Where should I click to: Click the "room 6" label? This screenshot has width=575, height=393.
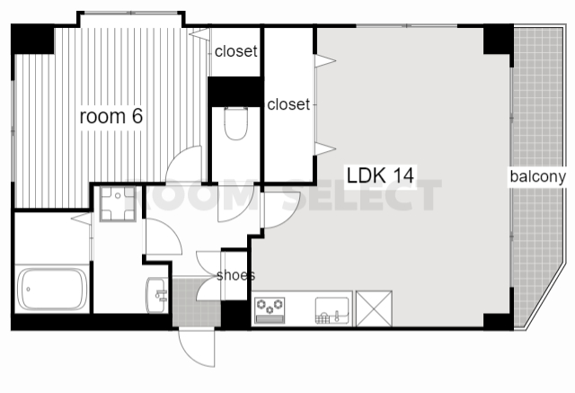111,116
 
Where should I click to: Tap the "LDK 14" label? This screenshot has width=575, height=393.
380,175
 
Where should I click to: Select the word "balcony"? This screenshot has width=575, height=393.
537,176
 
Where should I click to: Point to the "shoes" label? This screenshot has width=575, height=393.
235,275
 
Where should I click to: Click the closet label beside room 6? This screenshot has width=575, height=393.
235,51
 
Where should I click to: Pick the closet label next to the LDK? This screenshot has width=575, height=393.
288,104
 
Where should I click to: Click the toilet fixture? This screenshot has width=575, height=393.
235,123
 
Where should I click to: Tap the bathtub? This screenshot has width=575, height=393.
52,289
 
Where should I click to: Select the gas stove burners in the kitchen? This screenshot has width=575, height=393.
270,310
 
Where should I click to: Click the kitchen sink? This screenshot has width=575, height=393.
332,310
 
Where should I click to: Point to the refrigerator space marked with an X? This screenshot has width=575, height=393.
374,308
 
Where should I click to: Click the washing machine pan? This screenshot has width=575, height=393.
118,203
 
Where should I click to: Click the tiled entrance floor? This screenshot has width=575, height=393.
196,302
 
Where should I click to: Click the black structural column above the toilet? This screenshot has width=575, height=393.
234,92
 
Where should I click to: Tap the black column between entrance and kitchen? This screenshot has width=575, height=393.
235,315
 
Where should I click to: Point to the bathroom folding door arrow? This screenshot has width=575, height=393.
82,219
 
